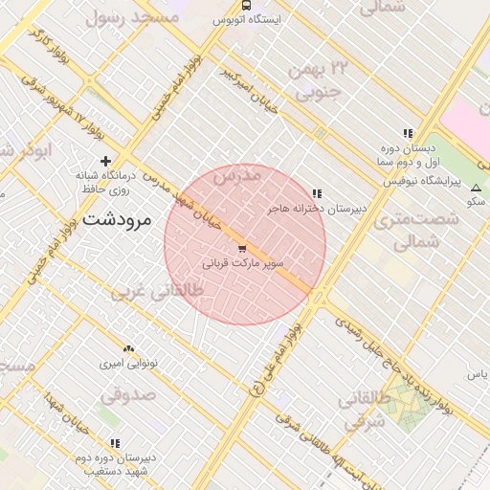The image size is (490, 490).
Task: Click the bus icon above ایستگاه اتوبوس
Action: click(x=248, y=5)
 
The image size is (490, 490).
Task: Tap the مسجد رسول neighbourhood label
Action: click(x=132, y=16)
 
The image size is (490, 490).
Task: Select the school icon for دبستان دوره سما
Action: click(x=409, y=134)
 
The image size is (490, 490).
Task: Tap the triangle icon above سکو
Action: click(x=476, y=188)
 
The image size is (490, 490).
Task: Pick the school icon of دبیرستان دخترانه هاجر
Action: click(x=317, y=193)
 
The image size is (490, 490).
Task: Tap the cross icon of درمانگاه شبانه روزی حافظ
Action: click(x=105, y=161)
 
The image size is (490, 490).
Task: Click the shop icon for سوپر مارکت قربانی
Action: click(x=240, y=248)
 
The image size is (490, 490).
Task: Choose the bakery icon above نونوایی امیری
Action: click(x=128, y=349)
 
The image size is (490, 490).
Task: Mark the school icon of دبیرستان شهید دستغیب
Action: click(x=115, y=443)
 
